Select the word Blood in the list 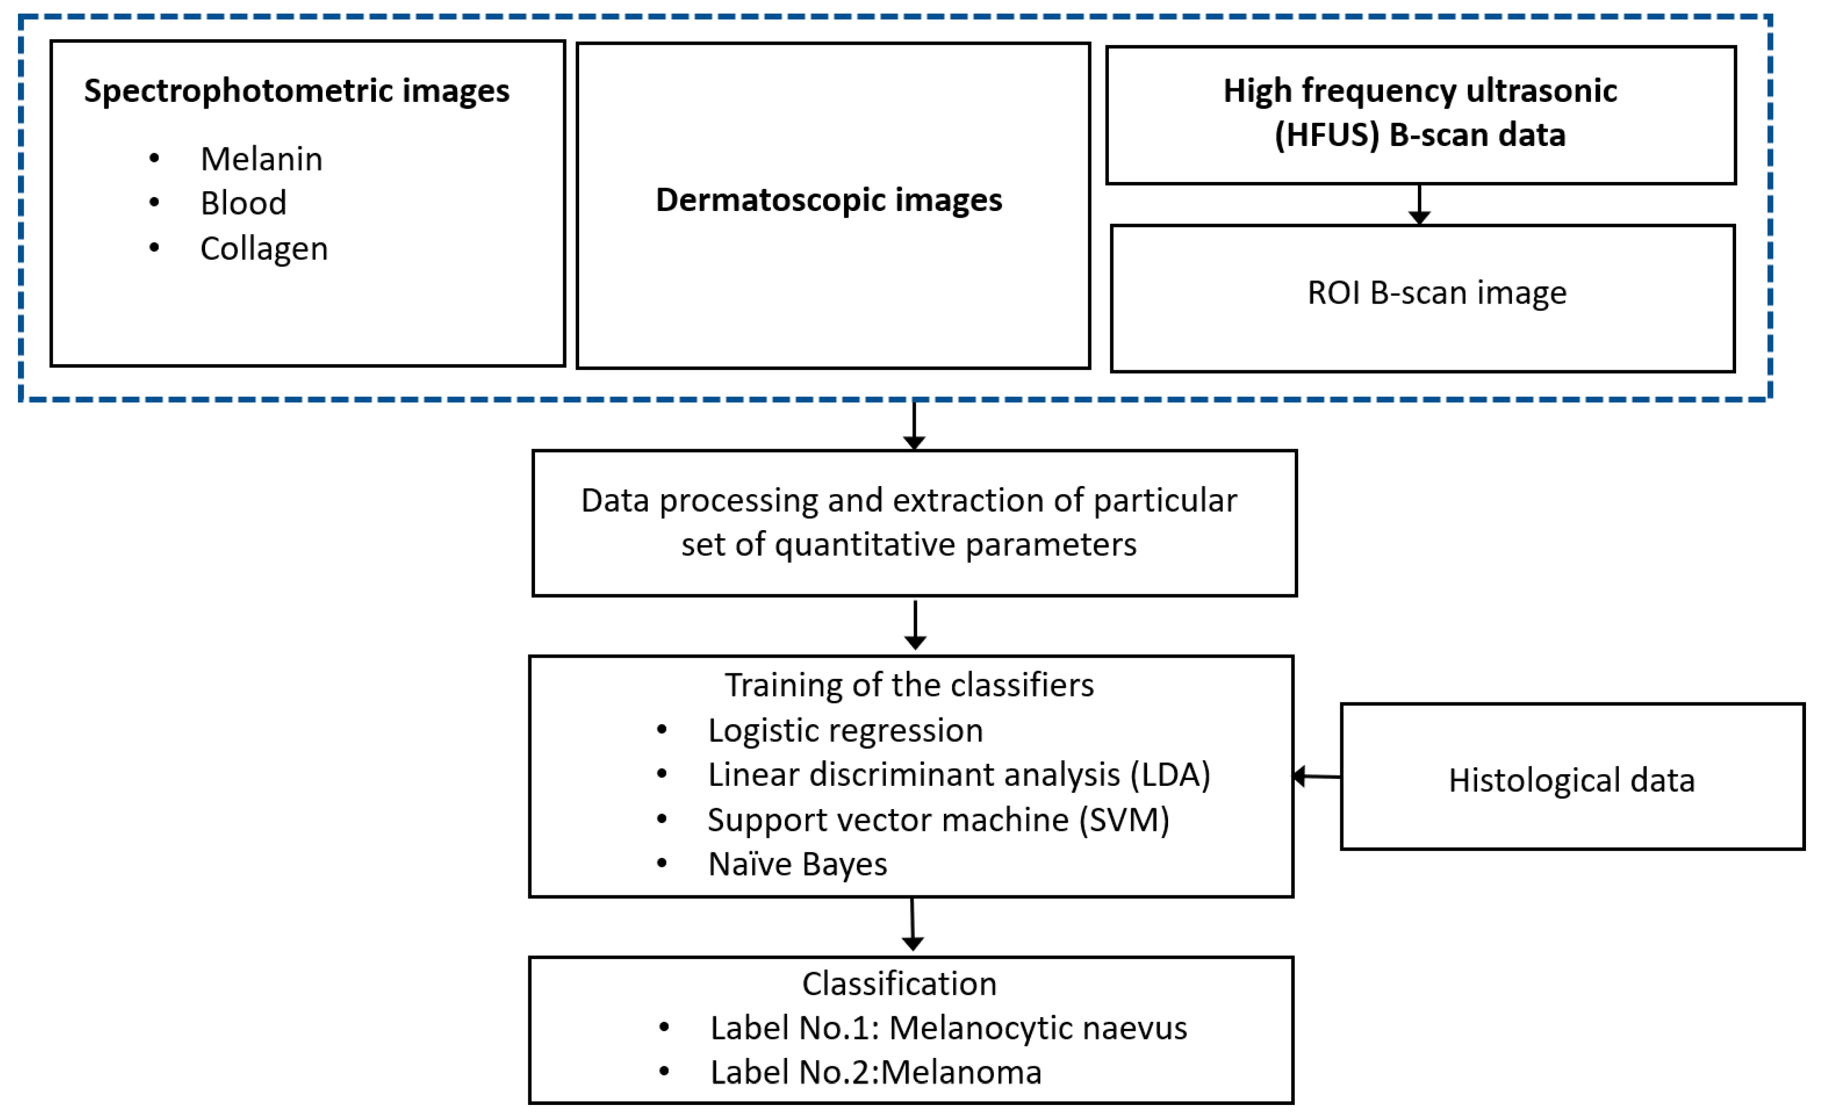[243, 203]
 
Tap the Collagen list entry [264, 249]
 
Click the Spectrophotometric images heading [296, 91]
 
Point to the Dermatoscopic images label [829, 200]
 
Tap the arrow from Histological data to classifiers [1316, 776]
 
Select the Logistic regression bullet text [845, 730]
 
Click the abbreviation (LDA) [1170, 775]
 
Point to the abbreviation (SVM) [1124, 820]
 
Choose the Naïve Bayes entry [797, 864]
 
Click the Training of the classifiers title [909, 685]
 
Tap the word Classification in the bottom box [899, 985]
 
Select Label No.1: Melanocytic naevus [948, 1028]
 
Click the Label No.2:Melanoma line [876, 1072]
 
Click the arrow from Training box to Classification [912, 925]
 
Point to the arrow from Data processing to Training [915, 625]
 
